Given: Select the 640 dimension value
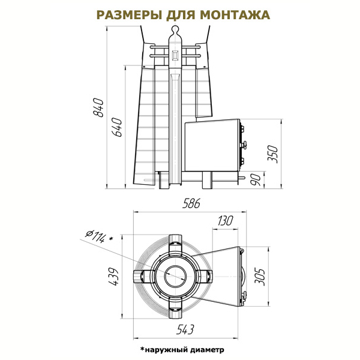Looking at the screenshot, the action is (117, 127).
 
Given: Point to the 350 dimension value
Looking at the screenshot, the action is (273, 154).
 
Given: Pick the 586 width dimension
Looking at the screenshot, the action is (191, 203).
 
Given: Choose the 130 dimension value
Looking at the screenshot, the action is (225, 221).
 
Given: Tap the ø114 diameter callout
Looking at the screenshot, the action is (99, 236).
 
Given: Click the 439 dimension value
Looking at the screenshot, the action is (113, 277).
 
